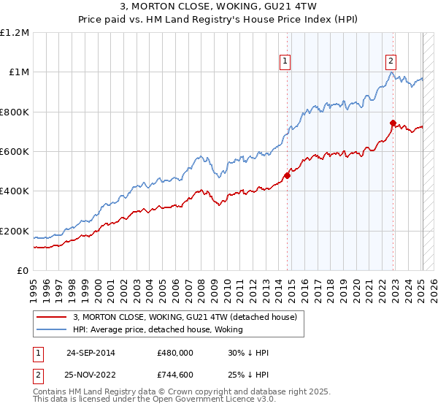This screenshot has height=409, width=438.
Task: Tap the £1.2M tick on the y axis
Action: pyautogui.click(x=15, y=33)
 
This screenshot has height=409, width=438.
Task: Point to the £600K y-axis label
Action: pyautogui.click(x=15, y=152)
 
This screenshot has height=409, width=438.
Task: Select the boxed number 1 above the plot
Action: pyautogui.click(x=284, y=62)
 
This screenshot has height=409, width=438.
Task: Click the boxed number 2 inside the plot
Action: pyautogui.click(x=391, y=62)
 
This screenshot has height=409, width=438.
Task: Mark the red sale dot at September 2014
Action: pyautogui.click(x=288, y=175)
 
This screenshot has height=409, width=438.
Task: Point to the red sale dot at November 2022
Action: pyautogui.click(x=393, y=123)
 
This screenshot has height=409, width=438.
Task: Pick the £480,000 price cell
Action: pyautogui.click(x=175, y=353)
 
